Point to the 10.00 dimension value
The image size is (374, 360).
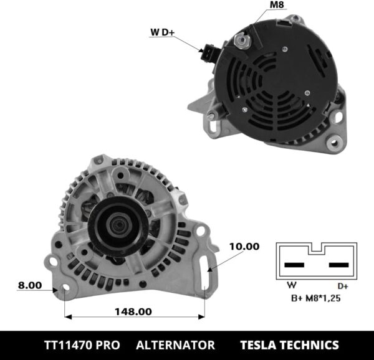(243, 246)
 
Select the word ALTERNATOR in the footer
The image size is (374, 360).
(175, 344)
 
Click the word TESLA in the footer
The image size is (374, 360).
(262, 344)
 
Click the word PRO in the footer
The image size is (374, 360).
(112, 344)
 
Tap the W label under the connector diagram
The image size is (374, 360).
(291, 286)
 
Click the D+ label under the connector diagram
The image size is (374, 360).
(343, 286)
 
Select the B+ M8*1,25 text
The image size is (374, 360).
(317, 298)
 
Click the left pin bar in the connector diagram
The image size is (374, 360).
(294, 265)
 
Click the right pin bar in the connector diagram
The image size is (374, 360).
(339, 265)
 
